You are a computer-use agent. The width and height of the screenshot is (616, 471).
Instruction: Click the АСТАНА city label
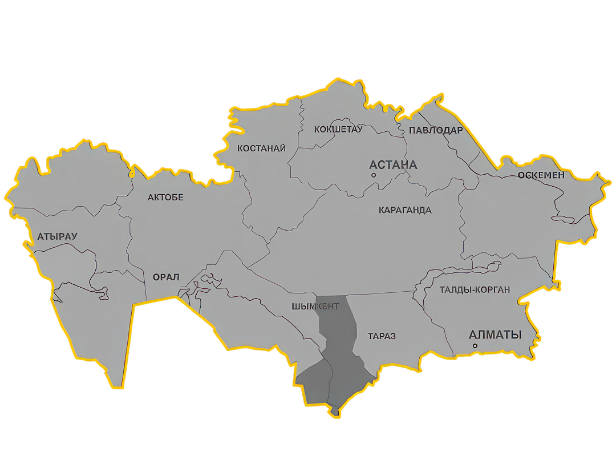tap(394, 165)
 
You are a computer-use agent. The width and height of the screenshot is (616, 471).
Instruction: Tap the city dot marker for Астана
tap(374, 175)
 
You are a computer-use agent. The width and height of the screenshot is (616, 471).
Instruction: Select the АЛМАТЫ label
tap(495, 335)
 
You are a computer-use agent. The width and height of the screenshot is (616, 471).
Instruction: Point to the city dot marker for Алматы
tap(475, 346)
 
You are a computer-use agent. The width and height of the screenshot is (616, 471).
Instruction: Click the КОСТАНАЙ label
tap(261, 148)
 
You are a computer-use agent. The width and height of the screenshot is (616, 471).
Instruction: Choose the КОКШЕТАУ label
tap(338, 130)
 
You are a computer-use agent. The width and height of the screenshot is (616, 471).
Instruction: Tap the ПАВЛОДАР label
tap(436, 130)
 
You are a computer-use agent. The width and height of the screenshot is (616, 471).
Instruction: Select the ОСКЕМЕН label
tap(541, 175)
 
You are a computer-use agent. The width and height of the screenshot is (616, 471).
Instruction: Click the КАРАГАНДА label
tap(405, 210)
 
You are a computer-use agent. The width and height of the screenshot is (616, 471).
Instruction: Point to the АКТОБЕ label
tap(165, 198)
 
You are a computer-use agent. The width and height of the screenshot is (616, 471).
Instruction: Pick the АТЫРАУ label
tap(57, 236)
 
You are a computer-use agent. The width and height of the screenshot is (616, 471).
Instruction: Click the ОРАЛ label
tap(166, 277)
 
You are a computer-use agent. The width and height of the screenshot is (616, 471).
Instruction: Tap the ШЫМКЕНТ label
tap(315, 307)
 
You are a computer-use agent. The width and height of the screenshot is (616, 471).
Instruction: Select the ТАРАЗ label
tap(382, 336)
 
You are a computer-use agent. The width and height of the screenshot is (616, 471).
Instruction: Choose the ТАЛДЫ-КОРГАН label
tap(475, 290)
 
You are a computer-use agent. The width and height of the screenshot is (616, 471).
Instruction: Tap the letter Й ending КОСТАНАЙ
tap(282, 148)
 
